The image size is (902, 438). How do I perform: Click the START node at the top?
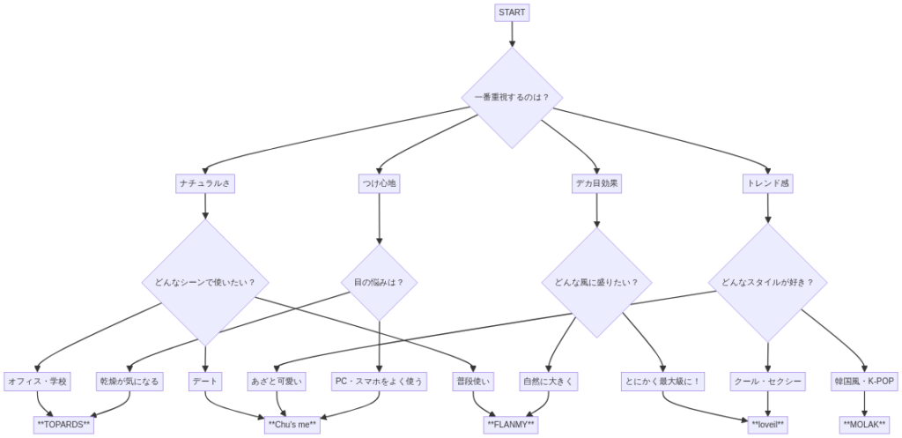(x=512, y=12)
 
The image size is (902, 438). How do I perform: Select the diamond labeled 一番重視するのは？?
(x=512, y=97)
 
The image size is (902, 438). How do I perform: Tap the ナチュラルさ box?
(x=204, y=183)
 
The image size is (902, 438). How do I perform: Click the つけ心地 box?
(x=379, y=183)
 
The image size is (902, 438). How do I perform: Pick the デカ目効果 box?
(x=597, y=183)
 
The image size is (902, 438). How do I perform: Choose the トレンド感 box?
(x=768, y=183)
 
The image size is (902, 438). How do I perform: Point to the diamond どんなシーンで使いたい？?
(x=204, y=283)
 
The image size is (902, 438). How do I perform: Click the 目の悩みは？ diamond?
(x=379, y=283)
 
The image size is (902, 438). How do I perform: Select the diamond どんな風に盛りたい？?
(x=597, y=283)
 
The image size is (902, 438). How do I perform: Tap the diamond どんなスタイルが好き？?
(x=768, y=283)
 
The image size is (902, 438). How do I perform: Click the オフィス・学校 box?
(x=37, y=382)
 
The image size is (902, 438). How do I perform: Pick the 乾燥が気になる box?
(x=129, y=382)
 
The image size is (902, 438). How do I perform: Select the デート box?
(x=204, y=382)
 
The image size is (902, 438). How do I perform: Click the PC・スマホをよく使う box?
(x=379, y=382)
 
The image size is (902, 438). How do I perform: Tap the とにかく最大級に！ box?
(x=662, y=382)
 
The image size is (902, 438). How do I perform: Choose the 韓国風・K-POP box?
(x=863, y=382)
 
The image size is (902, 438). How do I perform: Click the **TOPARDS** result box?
(x=63, y=425)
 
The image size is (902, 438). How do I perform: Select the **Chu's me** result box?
(x=292, y=425)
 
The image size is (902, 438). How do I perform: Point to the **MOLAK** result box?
(x=863, y=425)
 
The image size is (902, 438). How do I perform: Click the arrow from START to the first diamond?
(x=512, y=34)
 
